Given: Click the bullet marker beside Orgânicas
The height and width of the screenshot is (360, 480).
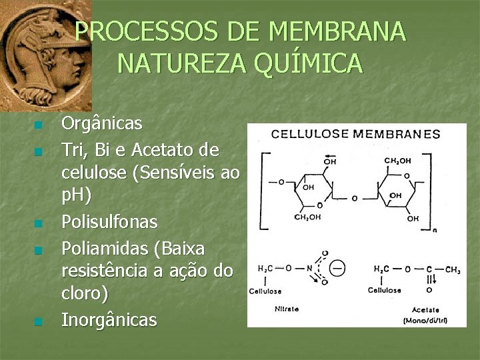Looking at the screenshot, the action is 39,125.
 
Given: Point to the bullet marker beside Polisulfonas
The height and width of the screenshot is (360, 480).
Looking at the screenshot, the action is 39,223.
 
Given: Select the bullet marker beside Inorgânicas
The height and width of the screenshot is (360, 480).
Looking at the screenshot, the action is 39,322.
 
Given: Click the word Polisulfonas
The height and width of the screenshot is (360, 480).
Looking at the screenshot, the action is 109,221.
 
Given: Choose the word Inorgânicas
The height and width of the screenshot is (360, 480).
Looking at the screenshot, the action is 109,320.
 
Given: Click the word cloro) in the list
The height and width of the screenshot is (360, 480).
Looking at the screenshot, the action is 85,295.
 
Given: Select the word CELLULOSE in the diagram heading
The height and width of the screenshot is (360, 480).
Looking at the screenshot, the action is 309,133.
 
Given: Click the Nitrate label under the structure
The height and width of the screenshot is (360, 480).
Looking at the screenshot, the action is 287,309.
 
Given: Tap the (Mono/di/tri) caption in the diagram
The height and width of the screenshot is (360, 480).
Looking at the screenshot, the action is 424,321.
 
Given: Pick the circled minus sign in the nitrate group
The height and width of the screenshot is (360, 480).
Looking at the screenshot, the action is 337,269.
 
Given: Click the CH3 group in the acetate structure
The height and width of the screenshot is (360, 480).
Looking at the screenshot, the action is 451,269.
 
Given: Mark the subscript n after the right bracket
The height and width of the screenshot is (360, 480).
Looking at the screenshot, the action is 435,230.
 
